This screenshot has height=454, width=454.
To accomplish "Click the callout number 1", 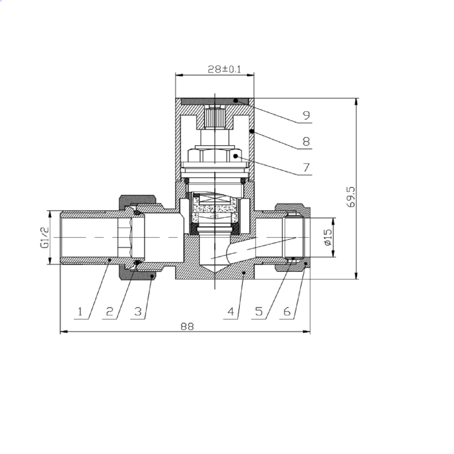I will tap(79, 312).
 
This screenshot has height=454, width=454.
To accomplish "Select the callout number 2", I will tap(110, 312).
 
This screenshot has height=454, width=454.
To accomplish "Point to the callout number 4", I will tap(231, 312).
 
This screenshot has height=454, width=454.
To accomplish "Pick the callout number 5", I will tap(258, 312).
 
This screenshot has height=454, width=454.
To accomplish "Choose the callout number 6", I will tap(287, 312).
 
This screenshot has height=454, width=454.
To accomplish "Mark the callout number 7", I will tap(306, 166).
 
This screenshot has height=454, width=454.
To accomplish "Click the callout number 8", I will tap(306, 141).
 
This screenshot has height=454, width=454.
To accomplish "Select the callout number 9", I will tap(306, 115).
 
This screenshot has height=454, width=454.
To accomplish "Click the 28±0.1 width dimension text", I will tap(215, 69).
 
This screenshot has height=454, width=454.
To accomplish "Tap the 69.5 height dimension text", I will tap(350, 197).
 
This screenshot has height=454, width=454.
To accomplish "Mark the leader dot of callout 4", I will tap(243, 274).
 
